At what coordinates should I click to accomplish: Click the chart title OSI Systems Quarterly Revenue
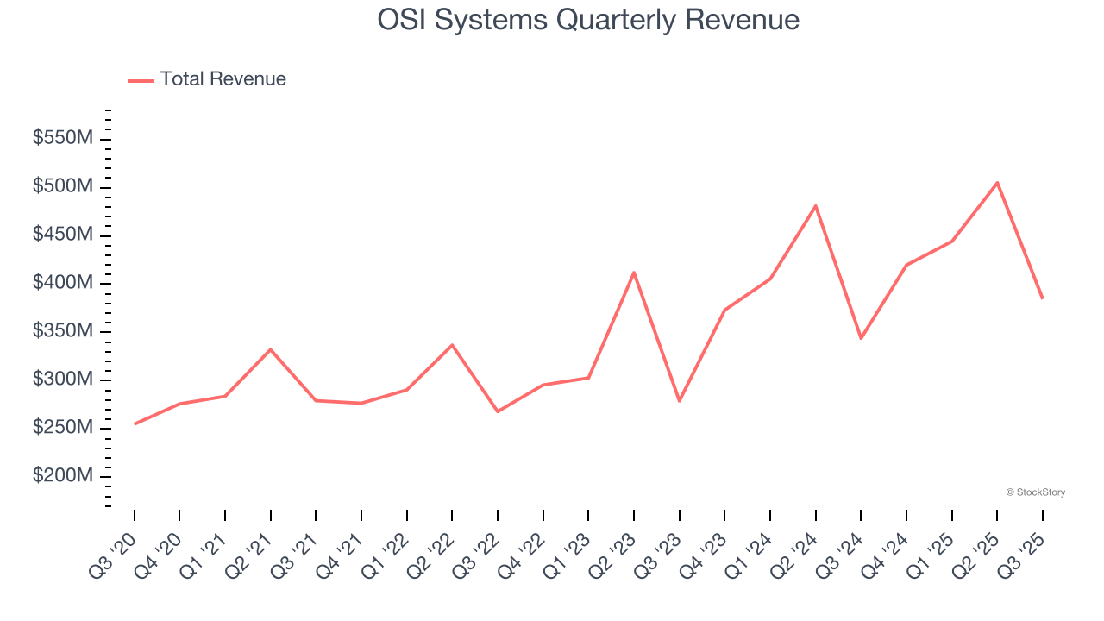pyautogui.click(x=588, y=20)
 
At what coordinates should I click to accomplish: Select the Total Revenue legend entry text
pyautogui.click(x=223, y=79)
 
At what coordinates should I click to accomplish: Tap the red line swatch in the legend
pyautogui.click(x=141, y=80)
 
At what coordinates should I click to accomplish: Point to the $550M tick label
pyautogui.click(x=63, y=139)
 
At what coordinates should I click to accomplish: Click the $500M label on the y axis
pyautogui.click(x=63, y=187)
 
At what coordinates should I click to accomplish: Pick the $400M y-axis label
pyautogui.click(x=63, y=284)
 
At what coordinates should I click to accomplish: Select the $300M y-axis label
pyautogui.click(x=63, y=379)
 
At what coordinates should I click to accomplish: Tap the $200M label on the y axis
pyautogui.click(x=63, y=476)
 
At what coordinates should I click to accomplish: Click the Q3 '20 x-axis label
pyautogui.click(x=116, y=553)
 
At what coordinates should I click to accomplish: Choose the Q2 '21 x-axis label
pyautogui.click(x=252, y=553)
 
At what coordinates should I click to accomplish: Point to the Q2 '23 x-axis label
pyautogui.click(x=615, y=553)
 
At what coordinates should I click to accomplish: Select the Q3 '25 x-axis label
pyautogui.click(x=1024, y=553)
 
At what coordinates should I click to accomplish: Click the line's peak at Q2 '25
pyautogui.click(x=997, y=183)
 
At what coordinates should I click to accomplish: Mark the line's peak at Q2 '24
pyautogui.click(x=815, y=206)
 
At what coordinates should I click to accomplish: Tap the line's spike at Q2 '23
pyautogui.click(x=634, y=273)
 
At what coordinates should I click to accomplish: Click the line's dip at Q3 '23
pyautogui.click(x=680, y=400)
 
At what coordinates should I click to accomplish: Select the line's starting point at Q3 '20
pyautogui.click(x=135, y=423)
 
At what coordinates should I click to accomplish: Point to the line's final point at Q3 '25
pyautogui.click(x=1042, y=298)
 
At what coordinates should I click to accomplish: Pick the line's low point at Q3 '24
pyautogui.click(x=861, y=337)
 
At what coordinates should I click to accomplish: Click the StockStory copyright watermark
pyautogui.click(x=1035, y=492)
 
